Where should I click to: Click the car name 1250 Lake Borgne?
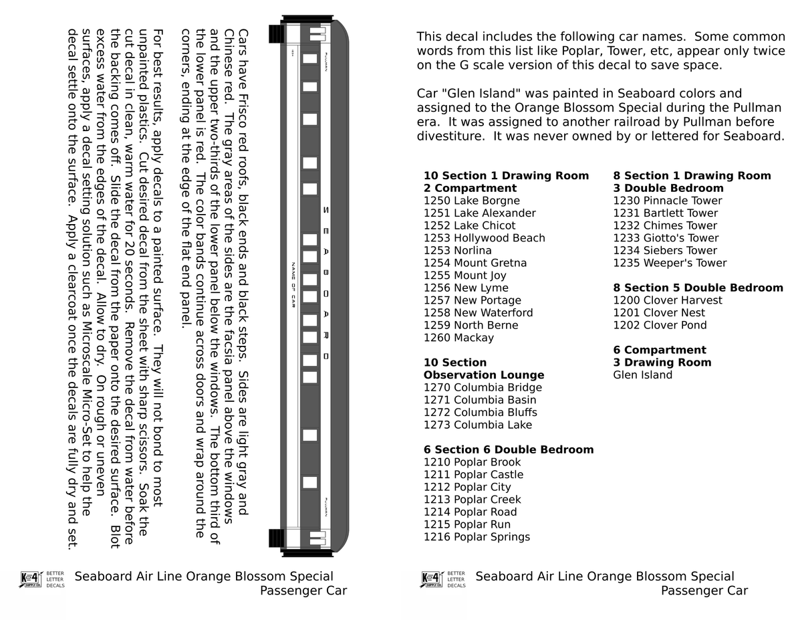tap(473, 201)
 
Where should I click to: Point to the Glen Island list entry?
tap(642, 375)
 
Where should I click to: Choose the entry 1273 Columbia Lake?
tap(478, 425)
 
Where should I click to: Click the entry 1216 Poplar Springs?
tap(477, 537)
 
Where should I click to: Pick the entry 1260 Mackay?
tap(458, 338)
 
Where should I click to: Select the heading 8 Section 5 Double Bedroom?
tap(698, 288)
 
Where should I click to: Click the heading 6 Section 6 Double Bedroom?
tap(508, 449)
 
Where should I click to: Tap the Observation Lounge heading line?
tap(483, 375)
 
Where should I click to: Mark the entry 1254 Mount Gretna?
tap(475, 263)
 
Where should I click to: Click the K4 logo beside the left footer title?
tap(31, 579)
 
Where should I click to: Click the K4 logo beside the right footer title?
tap(432, 579)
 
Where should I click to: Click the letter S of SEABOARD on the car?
tap(325, 210)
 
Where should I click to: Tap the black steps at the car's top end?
tap(276, 33)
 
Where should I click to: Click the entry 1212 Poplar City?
tap(466, 488)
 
